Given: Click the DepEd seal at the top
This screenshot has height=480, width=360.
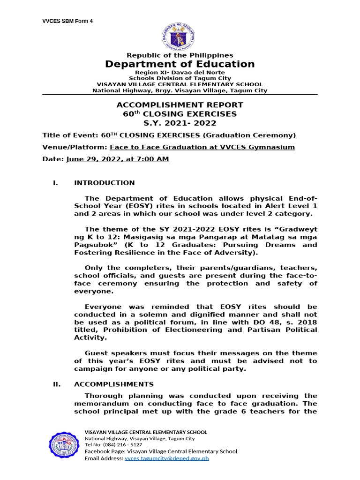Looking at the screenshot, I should point(180,36).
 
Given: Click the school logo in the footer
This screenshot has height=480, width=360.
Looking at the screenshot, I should point(65,444).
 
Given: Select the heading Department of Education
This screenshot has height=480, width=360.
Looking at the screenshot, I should point(180,64).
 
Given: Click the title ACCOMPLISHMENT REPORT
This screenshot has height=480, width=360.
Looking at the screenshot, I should point(180,105).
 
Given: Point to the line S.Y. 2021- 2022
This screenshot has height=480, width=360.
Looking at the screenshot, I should point(180,123).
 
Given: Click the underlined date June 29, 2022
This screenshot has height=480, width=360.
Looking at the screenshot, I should point(118,159).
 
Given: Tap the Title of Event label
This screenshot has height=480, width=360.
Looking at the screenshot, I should point(70,135).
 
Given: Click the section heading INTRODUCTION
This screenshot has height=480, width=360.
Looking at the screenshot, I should point(104,183).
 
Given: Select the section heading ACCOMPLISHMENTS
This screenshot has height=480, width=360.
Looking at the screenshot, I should point(113,384).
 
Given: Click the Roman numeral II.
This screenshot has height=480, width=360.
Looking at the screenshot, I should point(57,384).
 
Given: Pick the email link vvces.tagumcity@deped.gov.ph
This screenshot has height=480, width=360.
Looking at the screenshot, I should point(166,458).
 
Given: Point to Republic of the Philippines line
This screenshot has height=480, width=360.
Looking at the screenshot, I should point(180,55).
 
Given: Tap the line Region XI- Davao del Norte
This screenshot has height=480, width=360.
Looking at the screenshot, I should point(180,73).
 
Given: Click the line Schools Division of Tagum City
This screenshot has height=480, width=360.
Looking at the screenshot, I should point(180,78).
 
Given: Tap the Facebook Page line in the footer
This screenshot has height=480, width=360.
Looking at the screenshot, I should point(160,451).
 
